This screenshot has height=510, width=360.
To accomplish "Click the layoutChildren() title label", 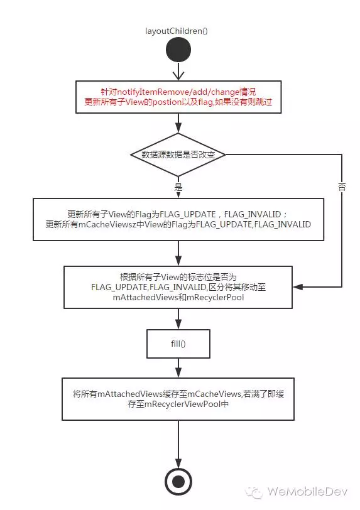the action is [177, 31].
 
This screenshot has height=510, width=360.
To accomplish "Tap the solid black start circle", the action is [178, 50].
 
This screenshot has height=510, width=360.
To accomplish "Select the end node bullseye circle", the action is [178, 482].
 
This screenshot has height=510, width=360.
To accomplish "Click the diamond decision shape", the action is [178, 155].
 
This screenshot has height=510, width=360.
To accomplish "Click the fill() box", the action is [178, 344].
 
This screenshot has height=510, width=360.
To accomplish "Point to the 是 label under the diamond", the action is [178, 187].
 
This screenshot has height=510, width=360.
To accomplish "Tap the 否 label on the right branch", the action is [342, 187].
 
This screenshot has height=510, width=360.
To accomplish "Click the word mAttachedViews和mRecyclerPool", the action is [178, 297].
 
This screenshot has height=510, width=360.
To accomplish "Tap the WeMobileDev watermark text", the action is [307, 491].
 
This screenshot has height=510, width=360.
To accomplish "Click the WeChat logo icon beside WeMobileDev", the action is [254, 492].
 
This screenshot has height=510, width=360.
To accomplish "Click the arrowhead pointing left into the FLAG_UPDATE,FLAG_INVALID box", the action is [298, 287].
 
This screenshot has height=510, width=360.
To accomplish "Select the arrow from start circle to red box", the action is [178, 71].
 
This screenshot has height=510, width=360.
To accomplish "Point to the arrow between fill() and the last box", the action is [178, 368].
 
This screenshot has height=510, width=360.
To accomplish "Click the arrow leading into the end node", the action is [178, 444].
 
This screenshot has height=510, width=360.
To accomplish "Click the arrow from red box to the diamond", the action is [178, 123].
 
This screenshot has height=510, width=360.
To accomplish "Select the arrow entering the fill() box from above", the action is [178, 319].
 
